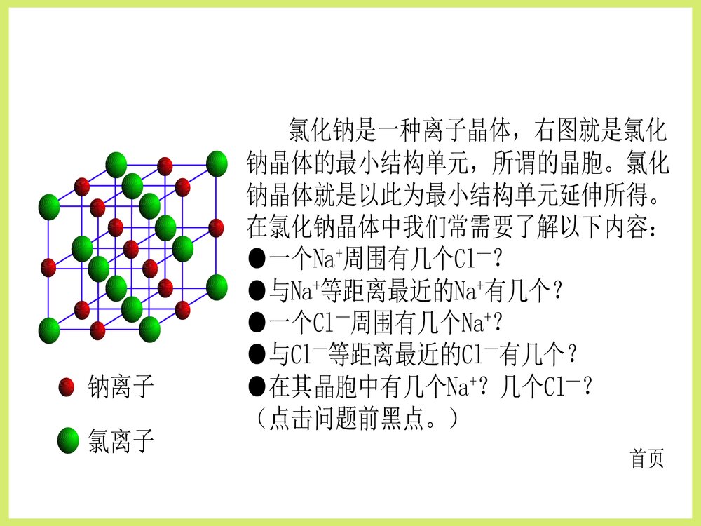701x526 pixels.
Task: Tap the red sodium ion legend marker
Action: pos(67,386)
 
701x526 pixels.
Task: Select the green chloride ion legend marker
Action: pos(68,440)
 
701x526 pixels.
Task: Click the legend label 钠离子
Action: pos(121,386)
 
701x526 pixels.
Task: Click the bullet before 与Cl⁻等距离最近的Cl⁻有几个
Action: pos(257,354)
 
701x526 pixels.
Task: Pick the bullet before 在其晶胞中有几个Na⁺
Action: pos(257,386)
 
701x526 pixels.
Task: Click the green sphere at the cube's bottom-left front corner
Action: pos(48,329)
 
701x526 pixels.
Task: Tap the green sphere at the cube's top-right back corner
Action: pos(217,163)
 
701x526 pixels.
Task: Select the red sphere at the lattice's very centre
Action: pos(131,249)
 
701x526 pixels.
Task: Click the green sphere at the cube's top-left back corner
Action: pos(116,164)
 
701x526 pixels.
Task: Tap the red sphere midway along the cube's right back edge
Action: pos(217,227)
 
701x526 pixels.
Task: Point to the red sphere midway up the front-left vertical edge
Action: pos(48,267)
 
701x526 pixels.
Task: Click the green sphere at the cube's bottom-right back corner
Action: pos(217,285)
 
